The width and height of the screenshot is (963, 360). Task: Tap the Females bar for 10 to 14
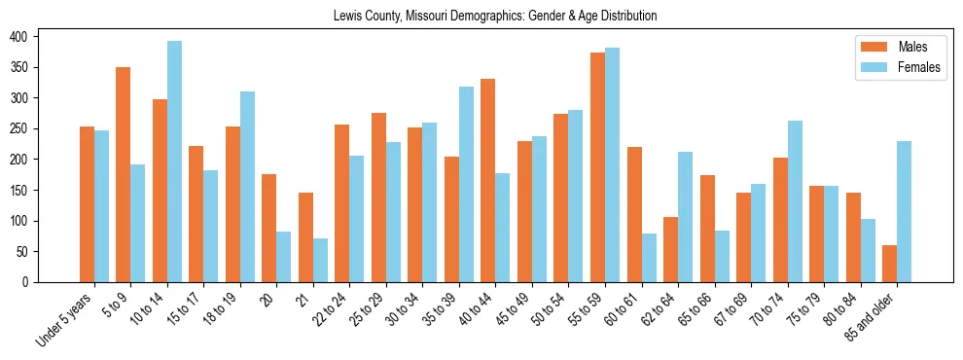click(174, 162)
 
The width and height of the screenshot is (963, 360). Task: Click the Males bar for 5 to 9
click(124, 175)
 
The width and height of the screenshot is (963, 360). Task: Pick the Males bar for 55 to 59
click(597, 167)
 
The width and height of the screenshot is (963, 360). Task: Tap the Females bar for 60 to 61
click(649, 258)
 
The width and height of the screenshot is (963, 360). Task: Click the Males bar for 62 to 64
click(670, 250)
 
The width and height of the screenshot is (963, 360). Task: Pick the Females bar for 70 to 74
click(795, 201)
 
